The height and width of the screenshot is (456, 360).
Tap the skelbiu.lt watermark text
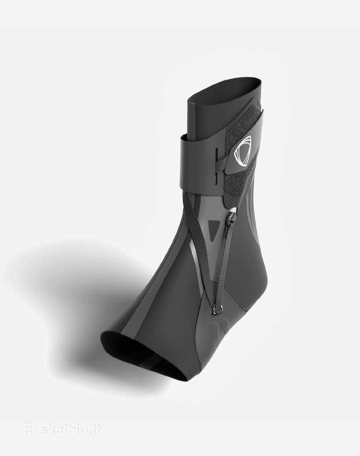[x=71, y=428]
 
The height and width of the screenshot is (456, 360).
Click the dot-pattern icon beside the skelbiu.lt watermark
[x=28, y=428]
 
